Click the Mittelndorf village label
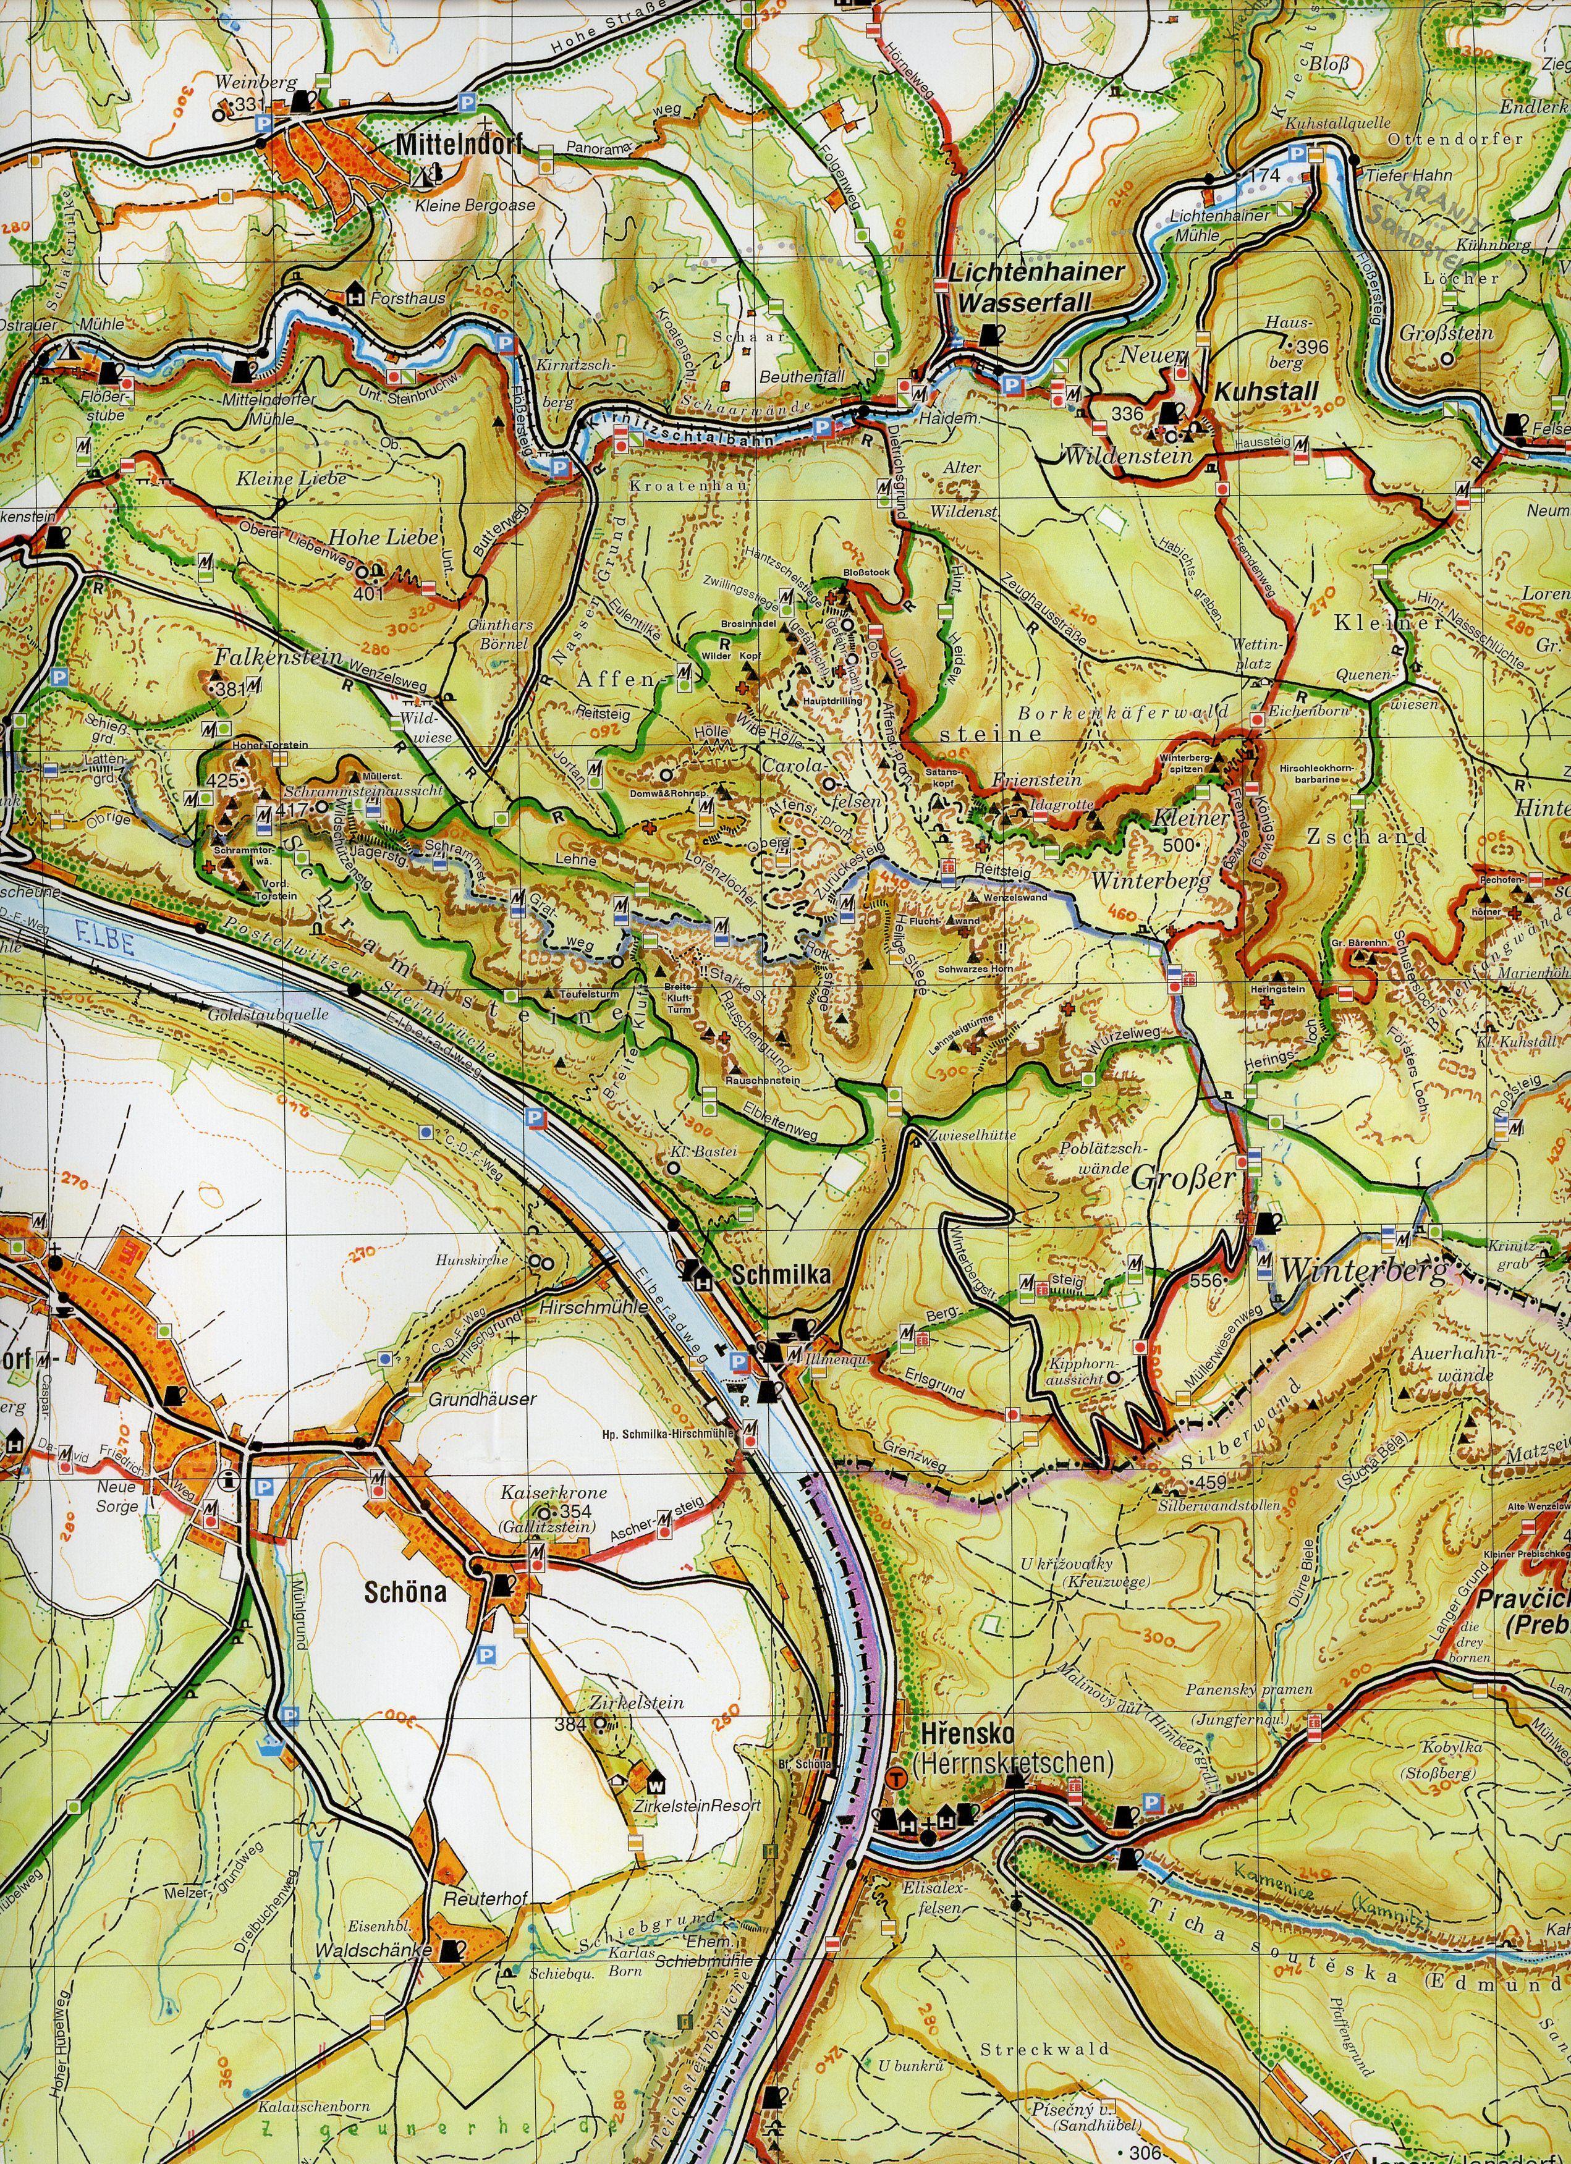point(449,146)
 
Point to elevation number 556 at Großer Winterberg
point(1206,1280)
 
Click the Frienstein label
point(1028,780)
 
